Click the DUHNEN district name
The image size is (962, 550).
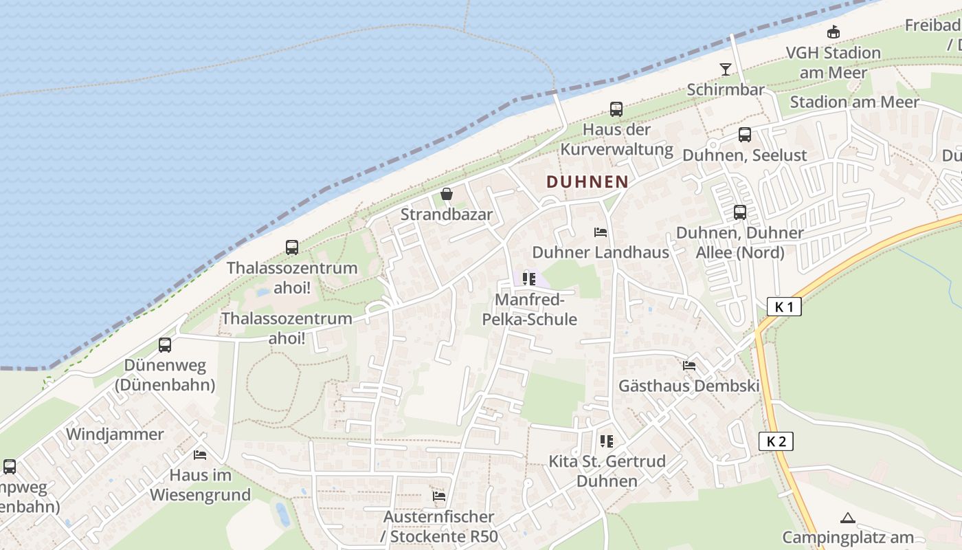point(587,181)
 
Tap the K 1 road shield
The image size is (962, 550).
point(784,307)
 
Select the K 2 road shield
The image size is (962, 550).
point(776,441)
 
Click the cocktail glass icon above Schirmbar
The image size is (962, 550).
point(725,69)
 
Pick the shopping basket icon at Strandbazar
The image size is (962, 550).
point(447,194)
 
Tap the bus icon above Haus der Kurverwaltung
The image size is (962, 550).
point(616,109)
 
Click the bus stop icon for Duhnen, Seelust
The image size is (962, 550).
point(745,135)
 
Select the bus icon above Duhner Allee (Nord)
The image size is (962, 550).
point(739,212)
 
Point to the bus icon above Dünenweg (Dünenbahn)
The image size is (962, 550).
point(165,345)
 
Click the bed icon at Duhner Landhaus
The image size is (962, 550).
point(601,232)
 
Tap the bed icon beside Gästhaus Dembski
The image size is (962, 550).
point(689,366)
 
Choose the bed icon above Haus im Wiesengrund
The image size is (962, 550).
point(200,455)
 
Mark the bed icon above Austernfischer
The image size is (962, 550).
point(438,496)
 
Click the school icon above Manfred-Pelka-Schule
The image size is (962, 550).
point(528,278)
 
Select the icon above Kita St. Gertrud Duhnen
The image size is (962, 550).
point(606,441)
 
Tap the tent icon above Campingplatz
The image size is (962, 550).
point(847,518)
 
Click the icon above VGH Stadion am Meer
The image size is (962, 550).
point(833,32)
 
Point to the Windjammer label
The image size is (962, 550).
point(115,434)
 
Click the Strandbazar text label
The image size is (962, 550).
point(447,214)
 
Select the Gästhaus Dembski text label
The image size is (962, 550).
point(689,386)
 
